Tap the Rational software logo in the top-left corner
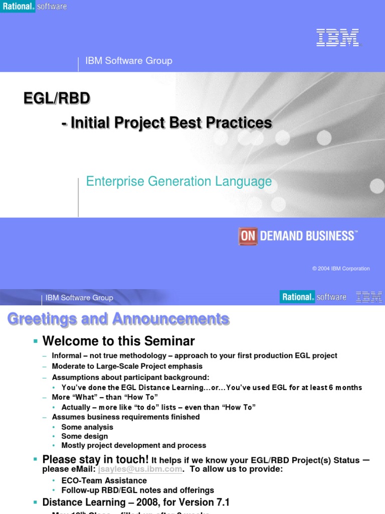(x=34, y=7)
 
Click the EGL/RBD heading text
(x=57, y=98)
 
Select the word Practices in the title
(x=241, y=122)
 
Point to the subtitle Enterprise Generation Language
(x=179, y=181)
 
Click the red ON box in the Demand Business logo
(x=248, y=236)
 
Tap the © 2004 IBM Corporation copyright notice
(x=341, y=269)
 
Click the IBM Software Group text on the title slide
(x=129, y=61)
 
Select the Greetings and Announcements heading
(x=118, y=319)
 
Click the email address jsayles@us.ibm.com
(x=140, y=469)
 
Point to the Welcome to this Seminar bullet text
(x=118, y=341)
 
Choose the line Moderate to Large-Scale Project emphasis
(x=127, y=366)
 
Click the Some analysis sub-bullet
(x=87, y=427)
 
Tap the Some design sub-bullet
(x=84, y=436)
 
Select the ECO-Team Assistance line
(x=104, y=481)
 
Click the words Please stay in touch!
(x=95, y=459)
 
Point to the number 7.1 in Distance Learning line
(x=221, y=502)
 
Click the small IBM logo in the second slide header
(x=369, y=297)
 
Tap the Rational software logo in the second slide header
(x=313, y=297)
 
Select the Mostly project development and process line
(x=133, y=445)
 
